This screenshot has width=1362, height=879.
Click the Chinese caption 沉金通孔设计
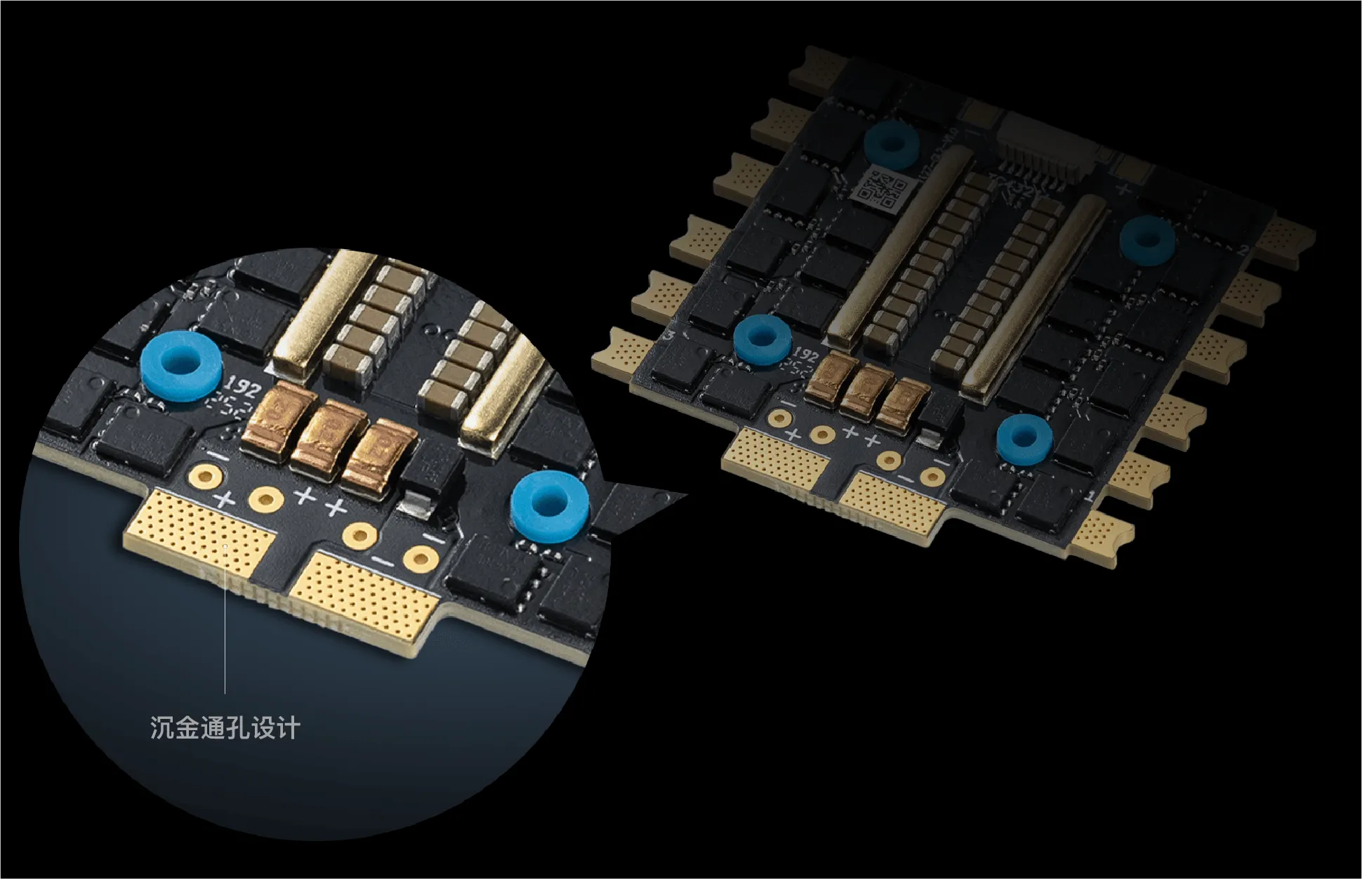pos(225,727)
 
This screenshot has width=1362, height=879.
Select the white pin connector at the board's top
pos(1046,143)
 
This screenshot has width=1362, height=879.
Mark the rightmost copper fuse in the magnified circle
pos(380,459)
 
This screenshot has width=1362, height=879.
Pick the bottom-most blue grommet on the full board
pos(1024,438)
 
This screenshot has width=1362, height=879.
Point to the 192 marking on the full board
pos(806,355)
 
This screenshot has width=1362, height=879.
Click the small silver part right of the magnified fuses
pos(410,503)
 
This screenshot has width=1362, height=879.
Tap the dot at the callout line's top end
pos(225,545)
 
